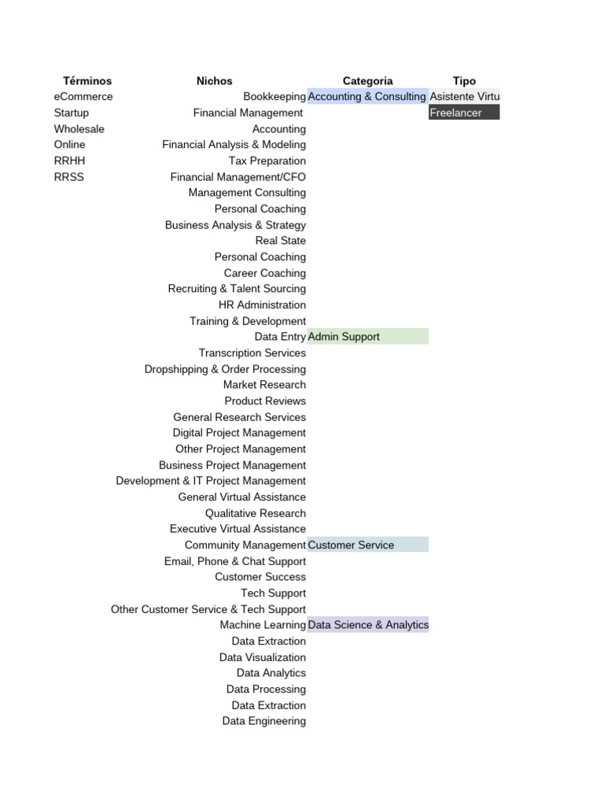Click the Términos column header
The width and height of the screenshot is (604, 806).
[87, 81]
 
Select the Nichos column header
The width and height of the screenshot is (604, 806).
[215, 81]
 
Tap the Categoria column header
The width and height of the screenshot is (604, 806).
[367, 81]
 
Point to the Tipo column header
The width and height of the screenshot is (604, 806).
[464, 81]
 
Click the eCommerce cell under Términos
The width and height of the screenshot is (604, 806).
[83, 97]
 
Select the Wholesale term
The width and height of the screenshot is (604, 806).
[79, 129]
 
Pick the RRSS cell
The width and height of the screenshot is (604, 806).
[69, 177]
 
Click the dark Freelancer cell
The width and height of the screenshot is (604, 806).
[464, 113]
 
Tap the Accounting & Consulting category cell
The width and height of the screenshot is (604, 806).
[367, 97]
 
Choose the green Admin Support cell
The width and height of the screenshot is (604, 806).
[367, 337]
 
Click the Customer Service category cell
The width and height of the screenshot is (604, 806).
[367, 545]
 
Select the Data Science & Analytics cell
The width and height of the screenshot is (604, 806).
[368, 625]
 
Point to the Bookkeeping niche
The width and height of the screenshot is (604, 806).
[274, 97]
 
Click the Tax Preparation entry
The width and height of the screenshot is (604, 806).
[267, 161]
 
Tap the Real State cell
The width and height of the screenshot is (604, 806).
[281, 241]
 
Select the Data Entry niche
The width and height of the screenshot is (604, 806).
[280, 337]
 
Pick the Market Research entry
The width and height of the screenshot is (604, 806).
[264, 385]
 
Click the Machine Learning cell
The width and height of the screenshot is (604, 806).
[263, 625]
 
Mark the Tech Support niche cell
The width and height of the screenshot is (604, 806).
[274, 593]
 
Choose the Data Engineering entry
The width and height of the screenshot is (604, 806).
[264, 721]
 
